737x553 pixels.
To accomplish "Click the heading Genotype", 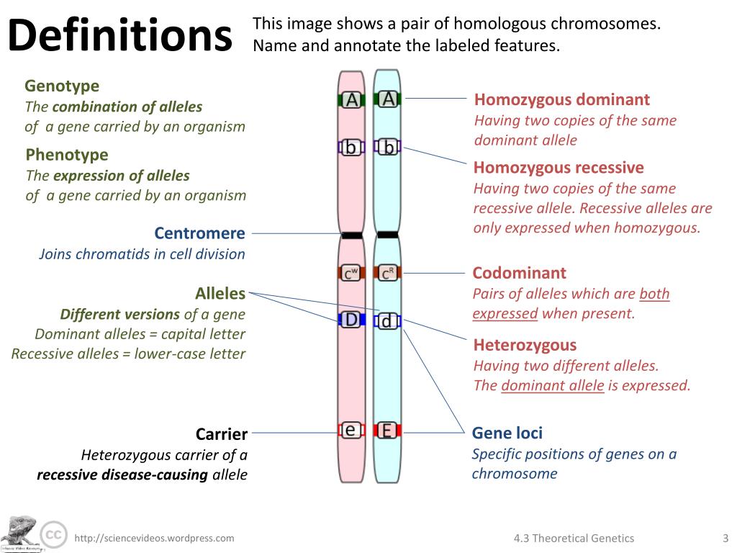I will tap(62, 86).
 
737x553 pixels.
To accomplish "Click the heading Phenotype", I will tap(67, 155).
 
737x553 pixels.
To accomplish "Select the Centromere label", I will tap(199, 233).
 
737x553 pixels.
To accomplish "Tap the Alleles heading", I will tap(220, 294).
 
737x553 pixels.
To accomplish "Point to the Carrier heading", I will tap(222, 434).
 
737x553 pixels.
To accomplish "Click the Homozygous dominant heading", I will tap(561, 100).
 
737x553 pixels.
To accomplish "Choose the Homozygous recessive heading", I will tap(559, 168).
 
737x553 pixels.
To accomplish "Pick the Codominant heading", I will tap(519, 273).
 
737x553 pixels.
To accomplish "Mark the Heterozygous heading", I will tap(525, 345).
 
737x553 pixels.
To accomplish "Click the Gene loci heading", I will tap(507, 433).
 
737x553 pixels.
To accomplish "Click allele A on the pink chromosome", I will tap(351, 99).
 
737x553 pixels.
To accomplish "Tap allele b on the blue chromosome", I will tap(388, 148).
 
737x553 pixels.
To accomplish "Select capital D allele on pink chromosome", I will tap(351, 319).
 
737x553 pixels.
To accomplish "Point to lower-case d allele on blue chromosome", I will tap(387, 321).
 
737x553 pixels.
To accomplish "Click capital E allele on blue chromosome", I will tap(387, 431).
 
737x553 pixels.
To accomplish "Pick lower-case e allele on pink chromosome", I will tap(351, 430).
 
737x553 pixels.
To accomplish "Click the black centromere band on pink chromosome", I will tap(352, 235).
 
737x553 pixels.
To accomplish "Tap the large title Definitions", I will tap(120, 35).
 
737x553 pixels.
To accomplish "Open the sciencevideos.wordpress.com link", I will tap(155, 538).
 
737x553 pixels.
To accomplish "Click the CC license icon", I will tap(52, 535).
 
